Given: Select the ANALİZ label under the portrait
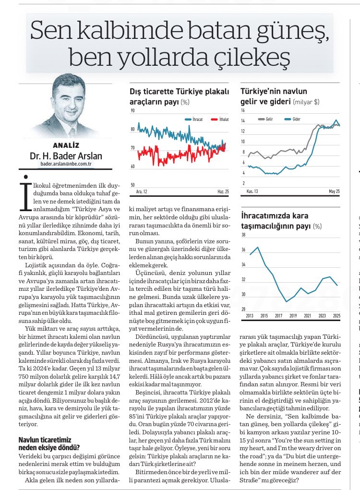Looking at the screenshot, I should click(x=66, y=145).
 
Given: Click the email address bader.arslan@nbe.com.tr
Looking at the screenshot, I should click(x=66, y=164).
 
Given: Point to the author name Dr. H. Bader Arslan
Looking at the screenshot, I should click(x=66, y=155).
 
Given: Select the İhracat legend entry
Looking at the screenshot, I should click(x=197, y=119).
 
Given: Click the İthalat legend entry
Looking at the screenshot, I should click(x=219, y=119).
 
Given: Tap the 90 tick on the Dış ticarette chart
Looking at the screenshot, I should click(x=132, y=111).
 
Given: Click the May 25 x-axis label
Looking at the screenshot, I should click(x=334, y=191).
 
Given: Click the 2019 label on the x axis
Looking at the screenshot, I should click(x=293, y=316).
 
